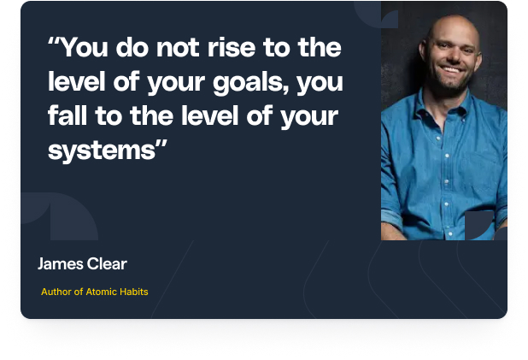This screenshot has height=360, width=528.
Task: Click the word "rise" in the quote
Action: (232, 47)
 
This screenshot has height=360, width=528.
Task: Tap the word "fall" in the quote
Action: (67, 115)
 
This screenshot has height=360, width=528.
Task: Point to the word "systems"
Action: (102, 151)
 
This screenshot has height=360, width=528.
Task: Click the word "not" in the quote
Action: (178, 48)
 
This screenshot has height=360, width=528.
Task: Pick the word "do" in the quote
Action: (132, 47)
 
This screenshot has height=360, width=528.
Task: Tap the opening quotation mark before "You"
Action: (54, 41)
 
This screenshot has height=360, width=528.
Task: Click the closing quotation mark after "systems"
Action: (161, 144)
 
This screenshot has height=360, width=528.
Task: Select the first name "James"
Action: (61, 264)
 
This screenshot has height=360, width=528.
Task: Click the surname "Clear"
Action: (107, 263)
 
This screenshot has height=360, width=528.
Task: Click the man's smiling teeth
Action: (450, 69)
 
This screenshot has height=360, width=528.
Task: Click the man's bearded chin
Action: (451, 84)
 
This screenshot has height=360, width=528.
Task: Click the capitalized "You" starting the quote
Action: (85, 47)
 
